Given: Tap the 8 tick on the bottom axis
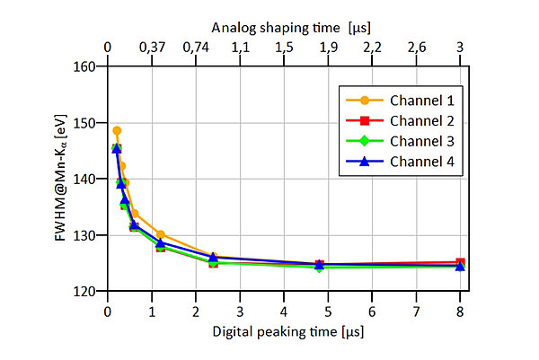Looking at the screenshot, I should [x=460, y=311].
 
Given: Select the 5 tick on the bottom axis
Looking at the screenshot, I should [x=328, y=311].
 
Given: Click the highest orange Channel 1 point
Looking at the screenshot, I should [x=117, y=130].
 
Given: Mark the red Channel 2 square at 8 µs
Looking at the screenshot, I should [x=460, y=262].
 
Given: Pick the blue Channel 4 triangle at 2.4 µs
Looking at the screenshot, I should [x=213, y=258].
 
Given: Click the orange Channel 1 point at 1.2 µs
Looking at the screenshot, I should [x=160, y=234].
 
